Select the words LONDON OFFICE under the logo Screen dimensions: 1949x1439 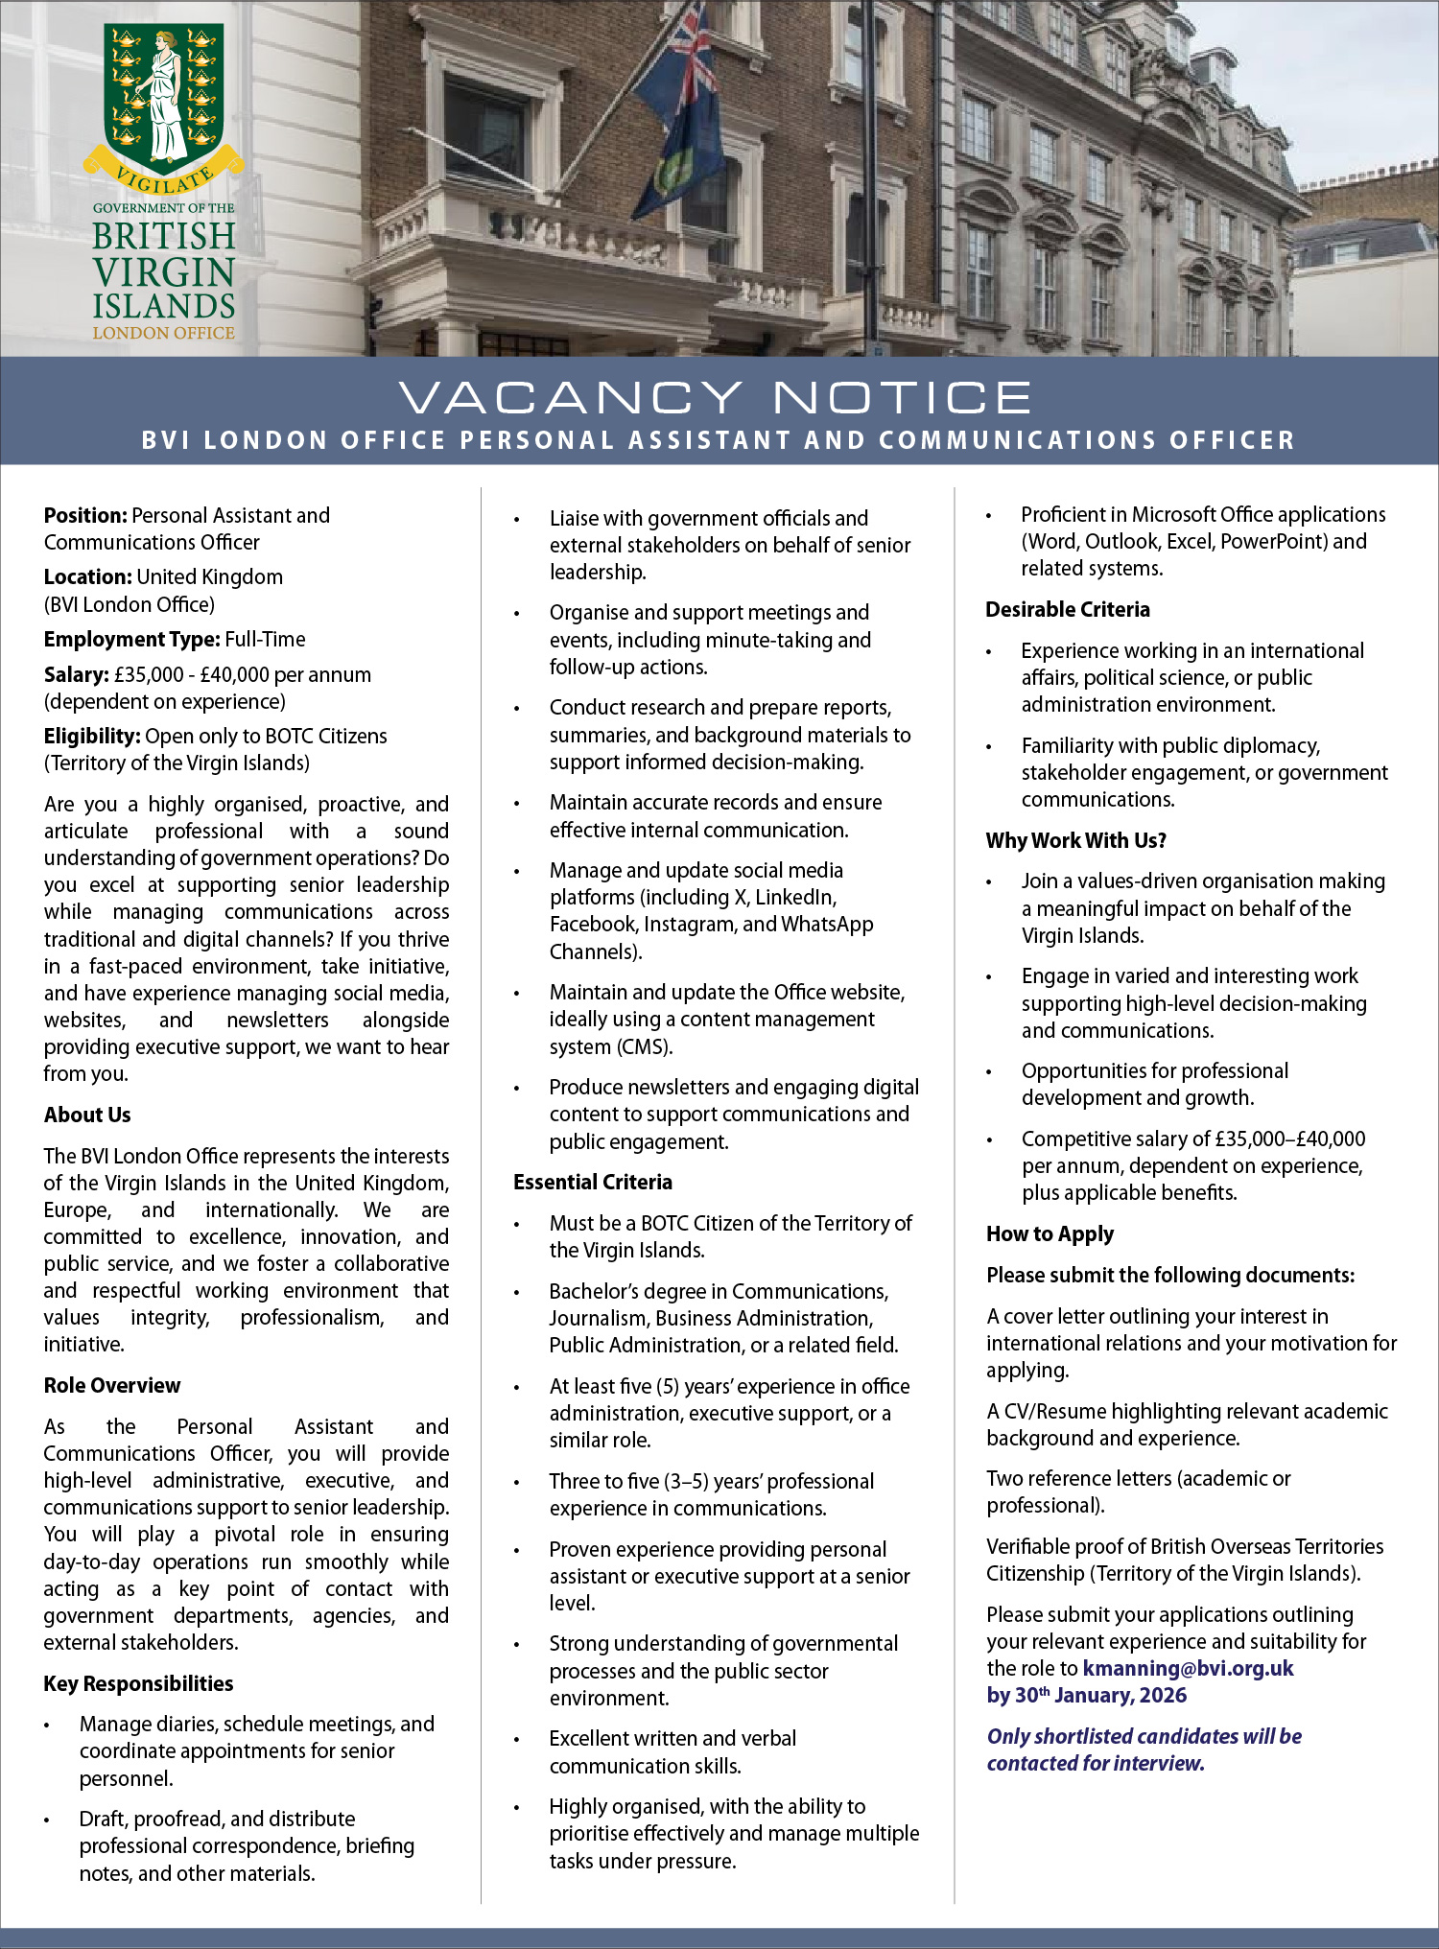164,333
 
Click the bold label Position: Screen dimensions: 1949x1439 85,516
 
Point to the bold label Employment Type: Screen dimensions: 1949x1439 131,640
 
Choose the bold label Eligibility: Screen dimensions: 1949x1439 92,737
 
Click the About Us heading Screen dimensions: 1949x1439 87,1115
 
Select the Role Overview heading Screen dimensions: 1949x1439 112,1385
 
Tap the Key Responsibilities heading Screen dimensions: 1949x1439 138,1683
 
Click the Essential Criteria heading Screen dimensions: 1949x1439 593,1182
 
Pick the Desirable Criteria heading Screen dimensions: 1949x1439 1068,609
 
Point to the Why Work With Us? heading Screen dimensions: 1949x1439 1076,840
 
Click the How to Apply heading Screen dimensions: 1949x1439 1050,1233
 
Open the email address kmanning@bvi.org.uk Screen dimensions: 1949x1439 1188,1668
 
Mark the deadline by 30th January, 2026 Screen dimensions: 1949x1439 1087,1695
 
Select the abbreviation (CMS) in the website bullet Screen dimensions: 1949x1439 644,1046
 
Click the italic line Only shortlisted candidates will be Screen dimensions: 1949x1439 1144,1736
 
